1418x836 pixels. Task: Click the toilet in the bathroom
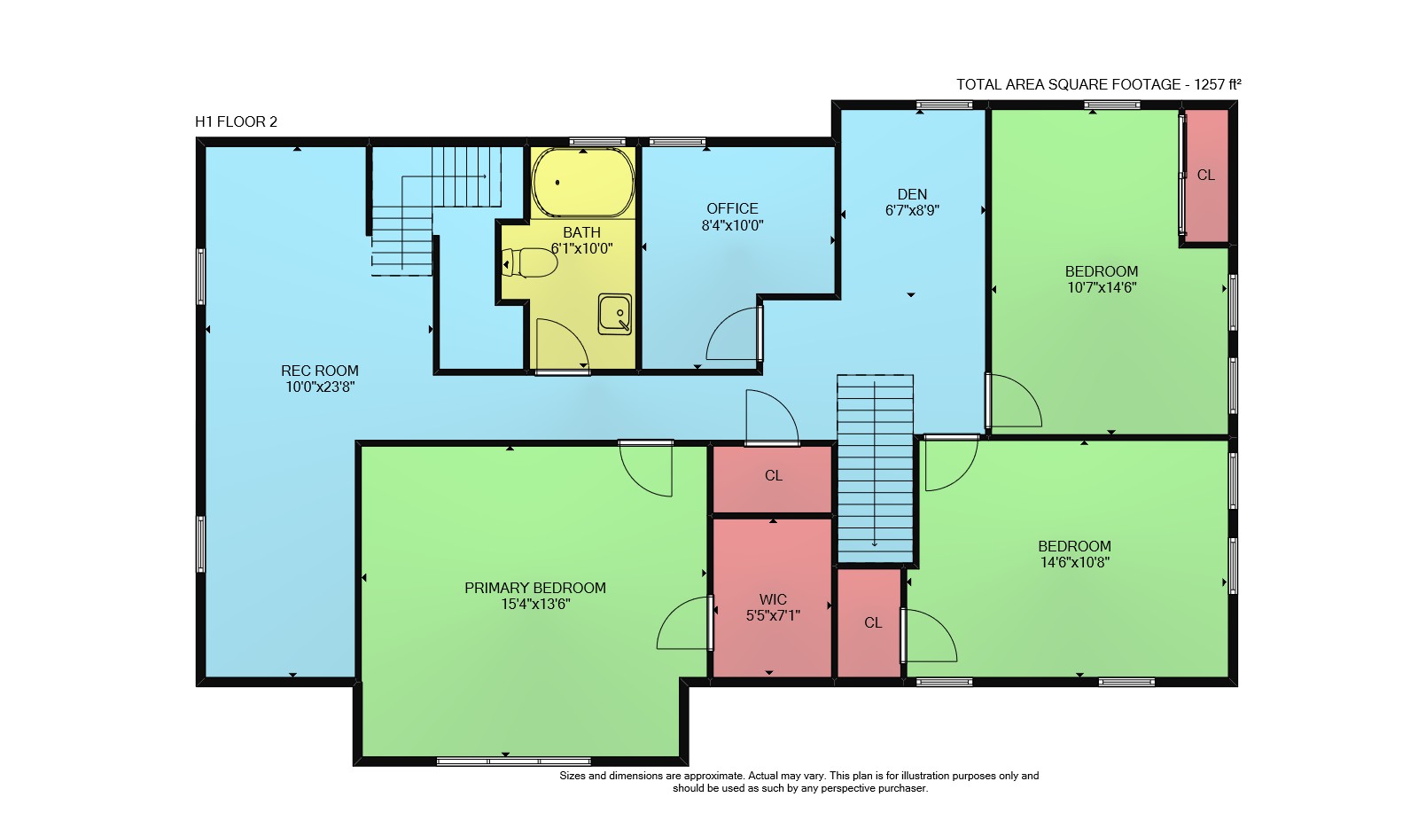coord(529,262)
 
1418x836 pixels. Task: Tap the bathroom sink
coord(615,314)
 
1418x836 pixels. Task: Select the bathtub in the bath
coord(583,183)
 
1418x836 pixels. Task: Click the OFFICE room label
coord(732,208)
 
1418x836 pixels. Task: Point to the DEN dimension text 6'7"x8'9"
coord(912,210)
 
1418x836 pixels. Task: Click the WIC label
coord(773,599)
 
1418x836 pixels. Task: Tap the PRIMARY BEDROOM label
coord(535,588)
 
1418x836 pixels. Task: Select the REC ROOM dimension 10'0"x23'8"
coord(320,387)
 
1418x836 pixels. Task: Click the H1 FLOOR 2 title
coord(236,121)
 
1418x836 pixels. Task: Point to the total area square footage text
coord(1098,84)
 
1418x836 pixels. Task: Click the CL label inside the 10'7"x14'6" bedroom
coord(1206,175)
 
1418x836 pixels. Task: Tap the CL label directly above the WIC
coord(774,476)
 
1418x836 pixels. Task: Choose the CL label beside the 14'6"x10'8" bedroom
coord(873,622)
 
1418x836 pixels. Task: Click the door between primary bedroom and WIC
coord(710,622)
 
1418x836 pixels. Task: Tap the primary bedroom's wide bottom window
coord(513,762)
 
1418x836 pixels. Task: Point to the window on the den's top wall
coord(944,105)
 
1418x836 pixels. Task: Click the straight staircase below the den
coord(875,469)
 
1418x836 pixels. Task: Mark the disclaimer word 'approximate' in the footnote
coord(713,776)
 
